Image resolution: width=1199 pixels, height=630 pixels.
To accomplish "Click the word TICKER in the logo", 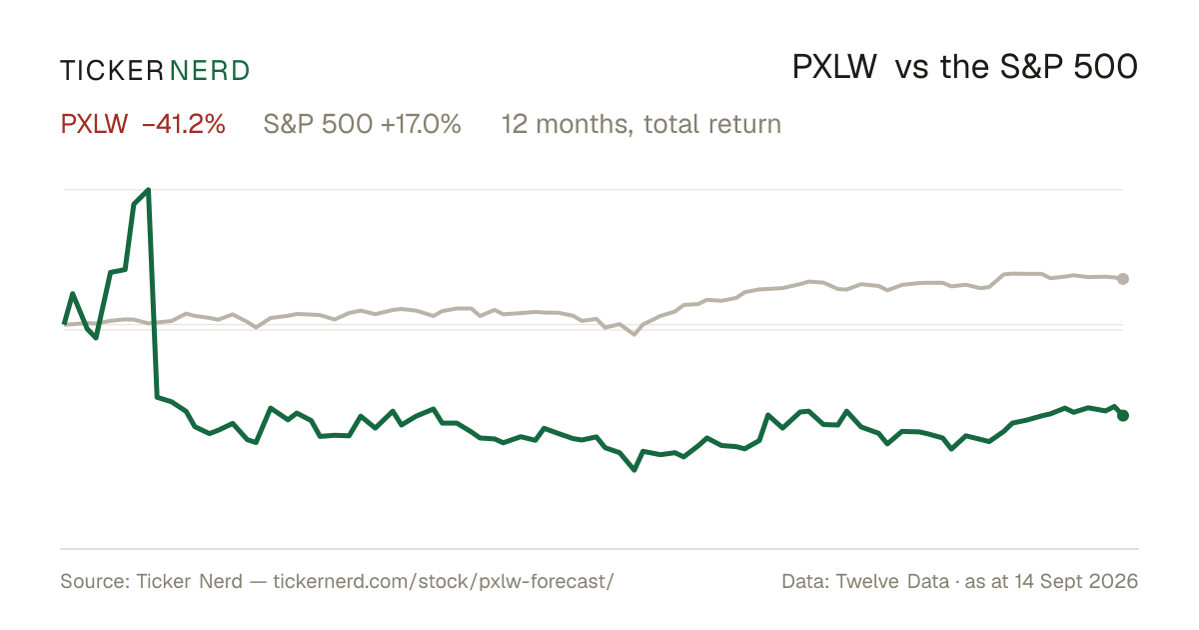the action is (112, 71).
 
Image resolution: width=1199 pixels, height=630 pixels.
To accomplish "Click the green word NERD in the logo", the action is (210, 71).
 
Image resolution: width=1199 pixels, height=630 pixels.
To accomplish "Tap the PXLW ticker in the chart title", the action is (834, 68).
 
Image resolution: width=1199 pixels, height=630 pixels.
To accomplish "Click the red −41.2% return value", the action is (184, 124).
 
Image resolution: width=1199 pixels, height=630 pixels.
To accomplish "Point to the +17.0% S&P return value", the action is (421, 124).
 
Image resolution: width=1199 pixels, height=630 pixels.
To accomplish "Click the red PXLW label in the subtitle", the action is (94, 124).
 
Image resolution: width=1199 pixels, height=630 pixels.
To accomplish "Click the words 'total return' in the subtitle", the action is (712, 124).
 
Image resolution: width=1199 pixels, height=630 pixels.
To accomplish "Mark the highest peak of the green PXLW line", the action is (148, 190).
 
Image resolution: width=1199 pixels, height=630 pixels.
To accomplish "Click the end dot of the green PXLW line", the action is (1123, 415).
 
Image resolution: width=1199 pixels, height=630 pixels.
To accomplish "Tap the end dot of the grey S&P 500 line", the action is (1123, 279).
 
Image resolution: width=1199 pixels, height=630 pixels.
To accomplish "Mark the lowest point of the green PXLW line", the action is (634, 470).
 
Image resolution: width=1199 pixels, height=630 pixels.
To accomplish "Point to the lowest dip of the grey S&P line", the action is (634, 334).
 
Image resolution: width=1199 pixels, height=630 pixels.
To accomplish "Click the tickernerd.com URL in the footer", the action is (444, 581).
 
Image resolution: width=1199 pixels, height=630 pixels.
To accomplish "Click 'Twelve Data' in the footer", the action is (893, 581).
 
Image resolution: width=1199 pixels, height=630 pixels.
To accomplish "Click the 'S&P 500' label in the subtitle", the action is (318, 124).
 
